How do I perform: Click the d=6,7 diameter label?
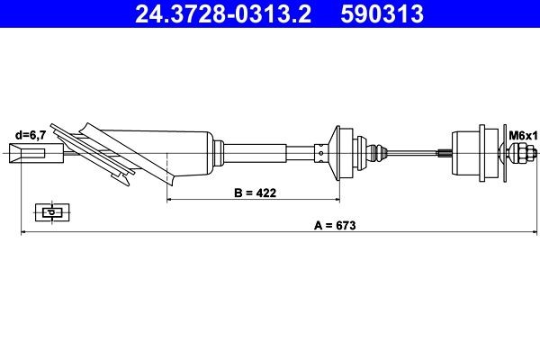pos(30,135)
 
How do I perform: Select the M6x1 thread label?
pos(522,135)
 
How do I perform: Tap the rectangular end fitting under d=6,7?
pos(35,155)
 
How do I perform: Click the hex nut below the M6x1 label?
pos(520,155)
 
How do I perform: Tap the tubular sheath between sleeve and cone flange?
pos(265,153)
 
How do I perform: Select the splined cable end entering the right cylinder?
pos(445,154)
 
